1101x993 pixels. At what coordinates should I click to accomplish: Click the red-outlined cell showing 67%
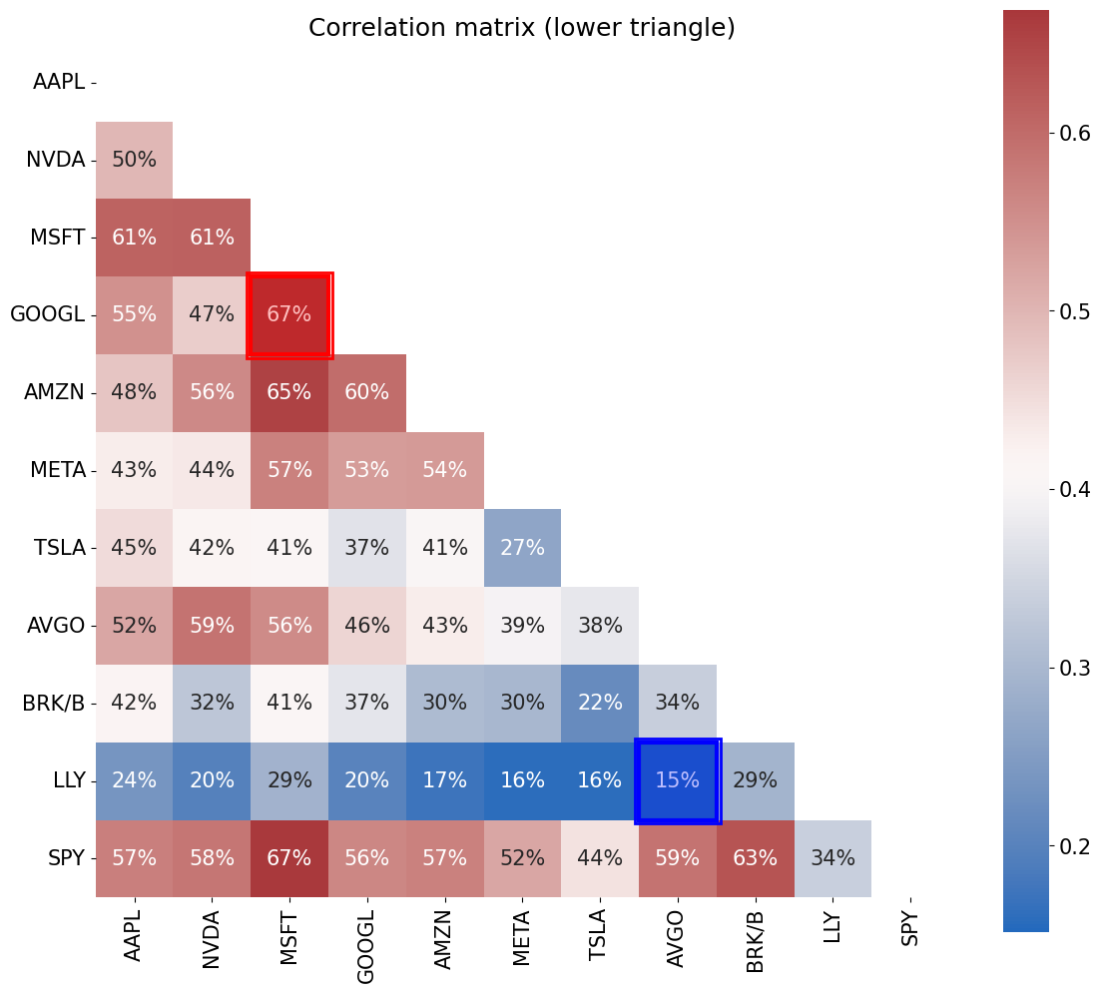pos(289,314)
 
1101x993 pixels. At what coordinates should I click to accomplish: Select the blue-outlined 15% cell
pos(678,780)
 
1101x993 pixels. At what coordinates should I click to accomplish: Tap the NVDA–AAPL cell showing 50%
pos(134,160)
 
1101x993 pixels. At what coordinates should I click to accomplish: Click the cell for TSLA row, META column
pos(522,548)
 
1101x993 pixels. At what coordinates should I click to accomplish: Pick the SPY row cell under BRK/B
pos(756,858)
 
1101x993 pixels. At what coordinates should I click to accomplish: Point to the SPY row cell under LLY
pos(832,858)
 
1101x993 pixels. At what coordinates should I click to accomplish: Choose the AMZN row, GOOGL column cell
pos(366,392)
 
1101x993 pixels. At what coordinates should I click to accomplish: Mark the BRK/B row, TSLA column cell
pos(600,703)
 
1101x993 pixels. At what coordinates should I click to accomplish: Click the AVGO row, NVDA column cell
pos(212,626)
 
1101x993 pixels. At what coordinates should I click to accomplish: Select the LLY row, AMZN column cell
pos(444,780)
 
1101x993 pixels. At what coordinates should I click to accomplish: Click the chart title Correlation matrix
pos(521,28)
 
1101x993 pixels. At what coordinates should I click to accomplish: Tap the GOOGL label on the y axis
pos(47,314)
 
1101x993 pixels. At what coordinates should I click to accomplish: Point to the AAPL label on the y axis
pos(58,82)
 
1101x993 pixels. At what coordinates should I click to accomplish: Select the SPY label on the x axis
pos(910,927)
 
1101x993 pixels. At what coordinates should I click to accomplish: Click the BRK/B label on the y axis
pos(53,703)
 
